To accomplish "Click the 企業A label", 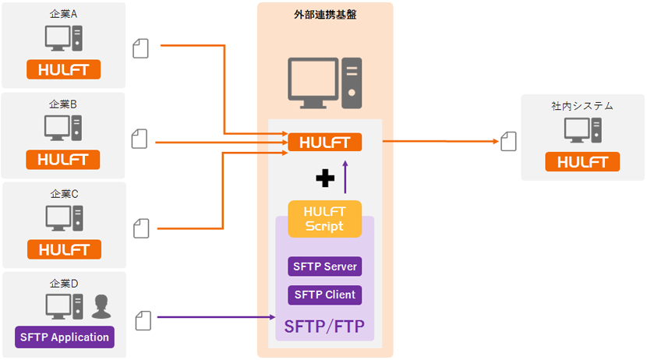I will point(64,13).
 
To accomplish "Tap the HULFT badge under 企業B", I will point(64,160).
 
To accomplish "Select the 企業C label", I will point(65,193).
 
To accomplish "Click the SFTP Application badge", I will point(65,337).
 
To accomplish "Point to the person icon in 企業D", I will point(101,307).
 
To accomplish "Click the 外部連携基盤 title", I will point(324,14).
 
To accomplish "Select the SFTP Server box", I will point(325,266).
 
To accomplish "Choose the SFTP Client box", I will point(325,295).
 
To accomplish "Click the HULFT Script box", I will point(325,219).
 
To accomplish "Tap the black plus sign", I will point(325,179).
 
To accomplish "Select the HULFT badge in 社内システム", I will point(582,162).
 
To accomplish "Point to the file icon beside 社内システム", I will point(509,141).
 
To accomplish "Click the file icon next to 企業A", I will point(140,48).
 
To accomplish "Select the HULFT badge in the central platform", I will point(325,143).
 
